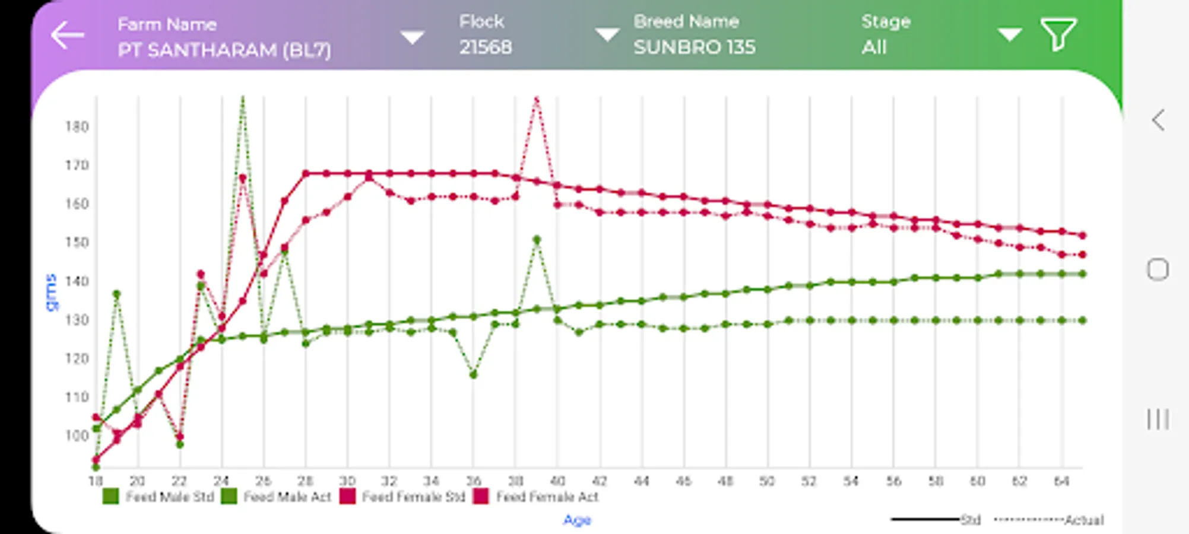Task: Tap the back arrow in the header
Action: point(67,35)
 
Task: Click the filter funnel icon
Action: point(1058,34)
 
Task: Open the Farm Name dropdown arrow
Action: point(412,37)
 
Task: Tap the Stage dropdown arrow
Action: point(1009,34)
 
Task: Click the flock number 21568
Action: point(485,47)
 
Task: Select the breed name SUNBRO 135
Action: point(694,47)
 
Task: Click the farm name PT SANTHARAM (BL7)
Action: point(224,50)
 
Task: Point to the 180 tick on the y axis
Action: point(77,126)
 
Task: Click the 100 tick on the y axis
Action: point(77,436)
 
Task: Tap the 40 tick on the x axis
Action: point(557,481)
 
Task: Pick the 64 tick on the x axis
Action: point(1061,481)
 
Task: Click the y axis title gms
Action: point(52,292)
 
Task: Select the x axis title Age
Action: point(577,520)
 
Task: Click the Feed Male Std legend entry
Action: point(158,497)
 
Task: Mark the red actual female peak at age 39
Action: point(536,100)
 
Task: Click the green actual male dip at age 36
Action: point(473,374)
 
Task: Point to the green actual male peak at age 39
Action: point(537,240)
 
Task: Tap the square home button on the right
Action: point(1157,269)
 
